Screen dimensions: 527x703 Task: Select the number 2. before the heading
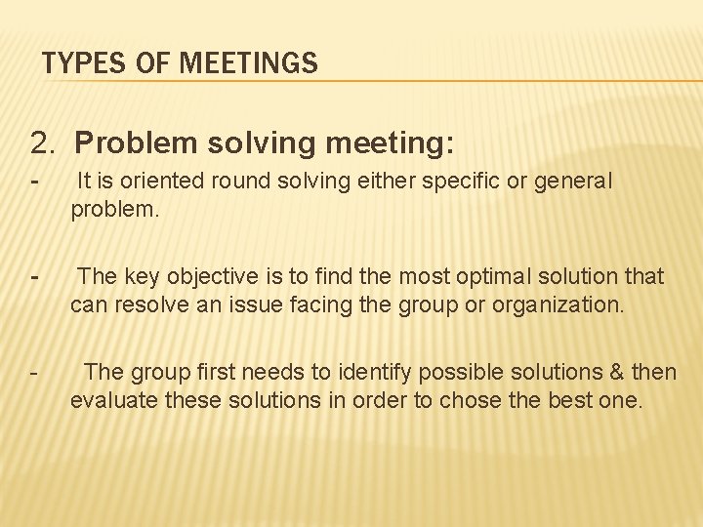click(44, 144)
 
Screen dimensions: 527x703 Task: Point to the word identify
click(376, 372)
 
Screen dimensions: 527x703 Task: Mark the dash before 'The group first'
click(34, 373)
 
